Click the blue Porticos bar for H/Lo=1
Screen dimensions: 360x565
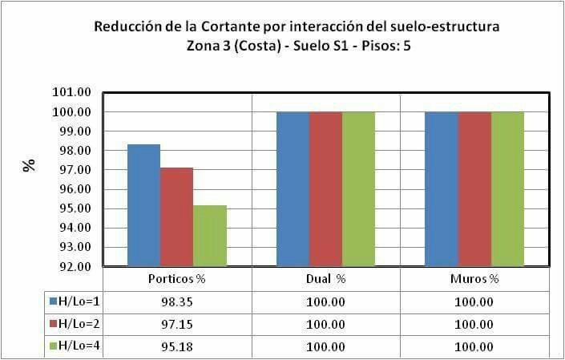[144, 205]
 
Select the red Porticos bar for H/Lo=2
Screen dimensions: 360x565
[177, 216]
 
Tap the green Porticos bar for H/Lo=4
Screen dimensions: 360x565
[210, 236]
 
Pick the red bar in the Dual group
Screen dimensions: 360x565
[325, 189]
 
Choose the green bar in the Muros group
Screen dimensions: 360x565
[507, 189]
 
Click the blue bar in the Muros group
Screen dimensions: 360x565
[441, 189]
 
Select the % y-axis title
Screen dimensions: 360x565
[30, 167]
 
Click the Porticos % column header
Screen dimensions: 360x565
[178, 280]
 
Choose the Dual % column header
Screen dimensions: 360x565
[325, 280]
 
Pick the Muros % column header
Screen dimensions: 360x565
[474, 280]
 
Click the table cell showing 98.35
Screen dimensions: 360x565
[178, 302]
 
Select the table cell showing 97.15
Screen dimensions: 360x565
[178, 325]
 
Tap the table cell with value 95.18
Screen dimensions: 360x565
[178, 347]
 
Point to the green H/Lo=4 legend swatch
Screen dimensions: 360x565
[53, 346]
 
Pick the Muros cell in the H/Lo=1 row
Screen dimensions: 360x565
[474, 302]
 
